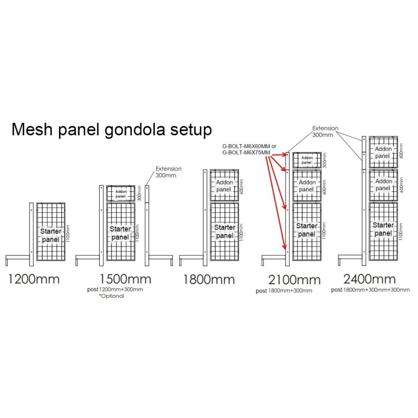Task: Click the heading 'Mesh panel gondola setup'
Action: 112,130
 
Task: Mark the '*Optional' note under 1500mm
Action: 111,296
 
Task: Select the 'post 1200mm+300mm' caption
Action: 114,289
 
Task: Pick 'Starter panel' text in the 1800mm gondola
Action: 225,231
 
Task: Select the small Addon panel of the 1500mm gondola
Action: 121,193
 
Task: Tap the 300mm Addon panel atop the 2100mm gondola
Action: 307,160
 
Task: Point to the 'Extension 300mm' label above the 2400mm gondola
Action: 325,131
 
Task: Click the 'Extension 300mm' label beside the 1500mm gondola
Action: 169,172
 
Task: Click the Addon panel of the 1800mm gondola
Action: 225,184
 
